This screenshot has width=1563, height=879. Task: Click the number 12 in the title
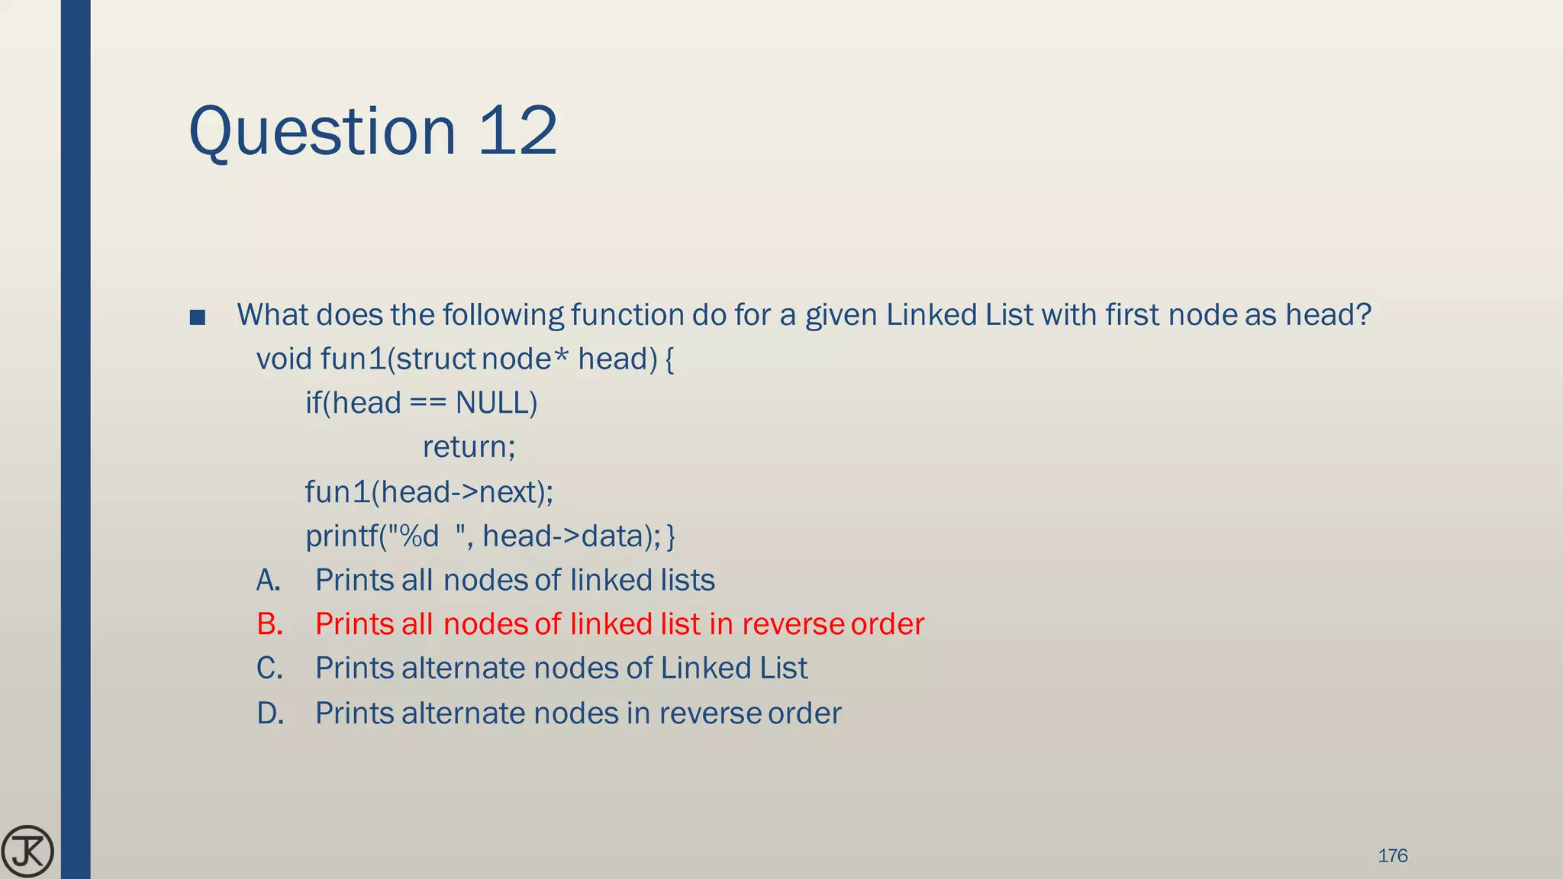(518, 131)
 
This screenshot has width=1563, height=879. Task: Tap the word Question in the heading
(322, 133)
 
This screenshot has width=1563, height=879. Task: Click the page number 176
(1392, 855)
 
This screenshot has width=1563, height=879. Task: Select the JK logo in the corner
(27, 852)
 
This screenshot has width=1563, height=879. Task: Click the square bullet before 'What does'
(198, 317)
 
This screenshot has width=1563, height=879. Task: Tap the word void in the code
(284, 359)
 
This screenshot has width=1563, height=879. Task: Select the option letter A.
(269, 581)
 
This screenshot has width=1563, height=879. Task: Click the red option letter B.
(269, 625)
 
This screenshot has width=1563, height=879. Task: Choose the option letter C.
(269, 669)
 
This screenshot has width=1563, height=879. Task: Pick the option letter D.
(270, 713)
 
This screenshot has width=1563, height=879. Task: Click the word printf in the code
(341, 536)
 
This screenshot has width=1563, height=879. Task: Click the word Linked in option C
(694, 669)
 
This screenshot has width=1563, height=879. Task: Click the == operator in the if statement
(427, 403)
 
